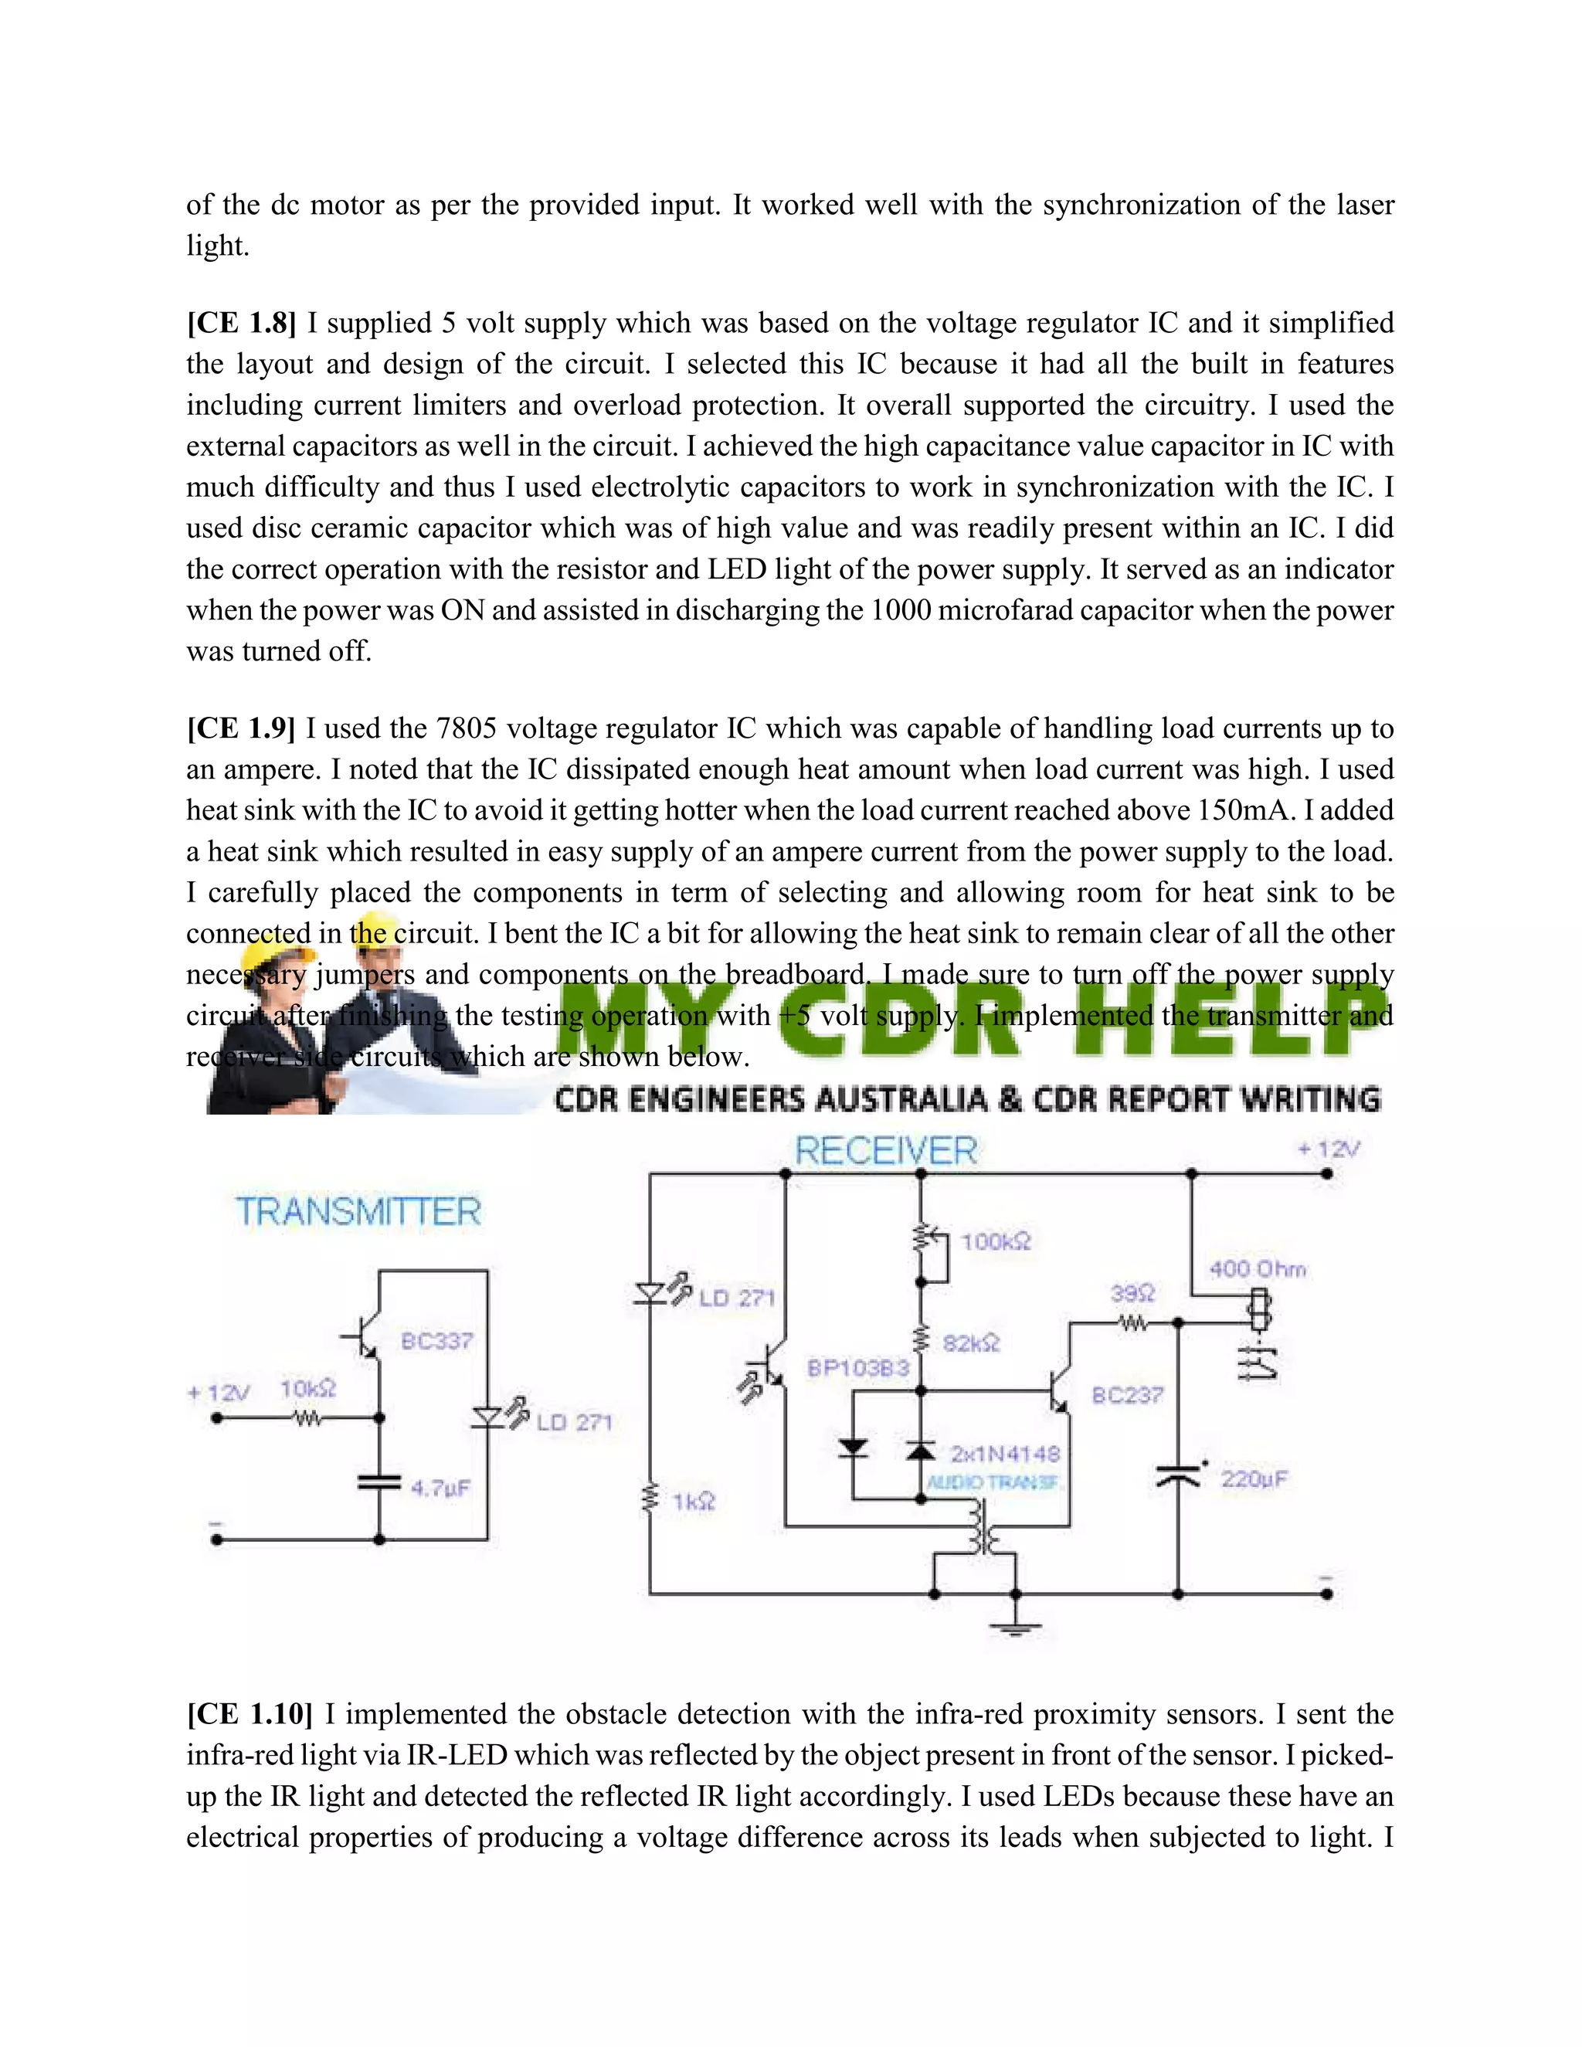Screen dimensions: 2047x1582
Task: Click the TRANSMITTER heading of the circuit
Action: coord(358,1212)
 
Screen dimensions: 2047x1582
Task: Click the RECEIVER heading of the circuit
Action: coord(886,1151)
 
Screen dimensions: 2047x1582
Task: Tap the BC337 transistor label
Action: coord(436,1341)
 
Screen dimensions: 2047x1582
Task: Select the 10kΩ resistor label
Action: coord(307,1388)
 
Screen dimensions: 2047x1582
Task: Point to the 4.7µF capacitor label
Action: coord(440,1488)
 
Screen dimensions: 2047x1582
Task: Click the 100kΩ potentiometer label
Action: coord(995,1242)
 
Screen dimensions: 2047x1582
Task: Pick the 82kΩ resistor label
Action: coord(971,1343)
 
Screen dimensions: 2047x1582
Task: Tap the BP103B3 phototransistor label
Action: coord(857,1369)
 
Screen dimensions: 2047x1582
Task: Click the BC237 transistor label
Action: coord(1128,1396)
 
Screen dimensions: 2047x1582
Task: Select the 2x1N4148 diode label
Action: coord(1005,1454)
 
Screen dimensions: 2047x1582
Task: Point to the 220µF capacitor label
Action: coord(1254,1479)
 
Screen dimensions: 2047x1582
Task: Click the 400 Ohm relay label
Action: coord(1257,1269)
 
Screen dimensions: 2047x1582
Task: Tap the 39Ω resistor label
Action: coord(1132,1293)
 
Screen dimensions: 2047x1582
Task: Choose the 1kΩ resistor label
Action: coord(694,1502)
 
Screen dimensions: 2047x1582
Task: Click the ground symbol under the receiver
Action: coord(1015,1628)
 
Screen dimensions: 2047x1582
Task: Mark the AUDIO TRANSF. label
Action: coord(993,1482)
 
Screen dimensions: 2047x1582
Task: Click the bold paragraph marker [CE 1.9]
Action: coord(241,728)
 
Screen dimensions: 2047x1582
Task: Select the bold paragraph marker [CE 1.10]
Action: coord(250,1713)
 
